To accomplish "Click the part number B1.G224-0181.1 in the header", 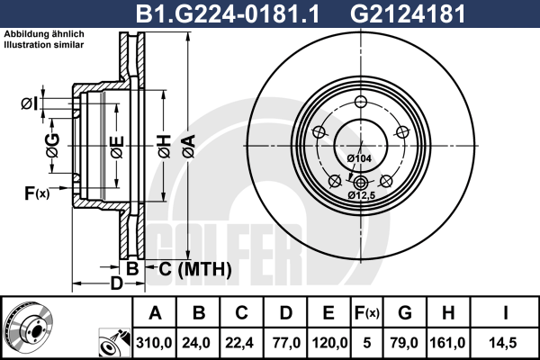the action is tap(228, 13).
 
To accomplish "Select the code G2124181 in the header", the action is tap(408, 13).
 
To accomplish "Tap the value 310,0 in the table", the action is tap(154, 343).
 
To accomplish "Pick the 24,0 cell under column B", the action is tap(196, 343).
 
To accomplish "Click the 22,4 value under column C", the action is tap(239, 343).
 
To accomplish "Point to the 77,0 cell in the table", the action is tap(286, 343).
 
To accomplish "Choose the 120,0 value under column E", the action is tap(329, 343).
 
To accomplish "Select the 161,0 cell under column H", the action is tap(447, 343).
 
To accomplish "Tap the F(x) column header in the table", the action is tap(367, 313).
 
